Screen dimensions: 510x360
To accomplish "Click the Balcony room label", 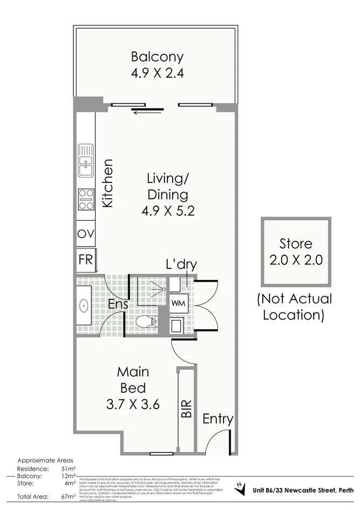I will (x=157, y=57).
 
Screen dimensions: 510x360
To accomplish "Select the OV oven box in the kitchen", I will (x=85, y=234).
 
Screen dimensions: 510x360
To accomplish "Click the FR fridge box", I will (x=85, y=260).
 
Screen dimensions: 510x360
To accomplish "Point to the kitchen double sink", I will (x=85, y=160).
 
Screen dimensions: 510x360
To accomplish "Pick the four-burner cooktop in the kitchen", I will (x=85, y=199).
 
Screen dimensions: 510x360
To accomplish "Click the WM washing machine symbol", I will (x=178, y=303).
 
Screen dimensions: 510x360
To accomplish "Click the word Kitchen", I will (x=107, y=183).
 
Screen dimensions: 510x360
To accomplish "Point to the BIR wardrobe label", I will (x=186, y=409).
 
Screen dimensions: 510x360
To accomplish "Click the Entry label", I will (x=218, y=419).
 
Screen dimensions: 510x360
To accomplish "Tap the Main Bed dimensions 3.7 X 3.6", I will (x=133, y=404).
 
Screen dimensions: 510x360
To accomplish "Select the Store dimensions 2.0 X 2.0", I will (x=295, y=259).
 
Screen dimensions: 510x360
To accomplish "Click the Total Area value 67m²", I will (x=68, y=496).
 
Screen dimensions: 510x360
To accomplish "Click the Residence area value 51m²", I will (x=68, y=469).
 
